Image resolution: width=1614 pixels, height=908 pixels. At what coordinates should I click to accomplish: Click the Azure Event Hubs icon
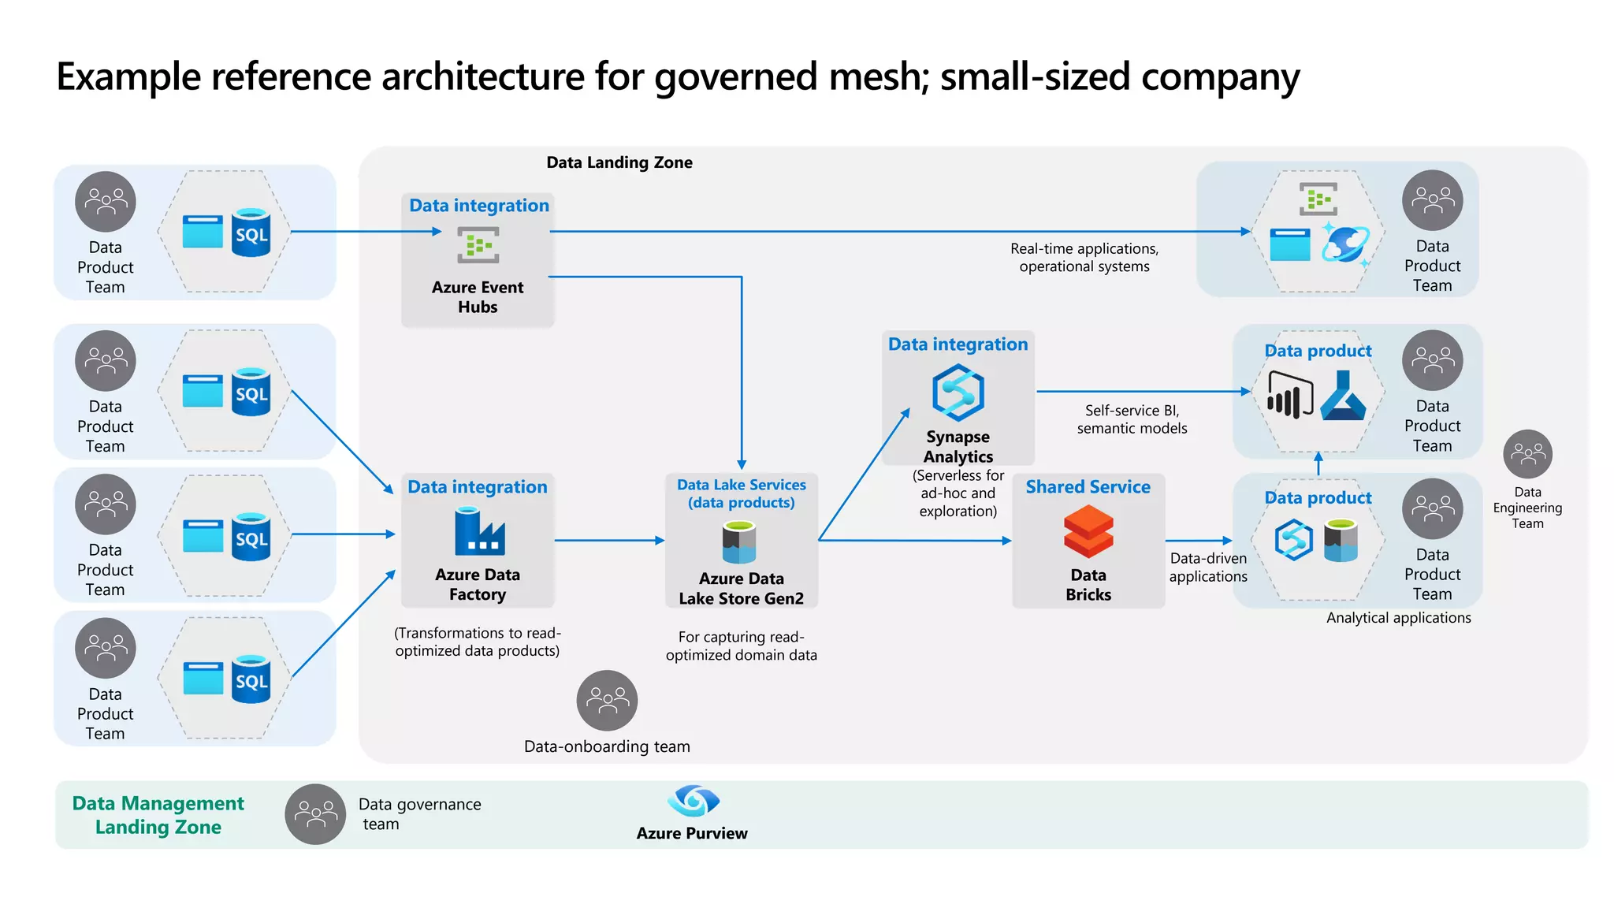coord(478,245)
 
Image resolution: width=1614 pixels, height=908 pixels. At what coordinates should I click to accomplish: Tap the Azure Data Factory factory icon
coord(478,532)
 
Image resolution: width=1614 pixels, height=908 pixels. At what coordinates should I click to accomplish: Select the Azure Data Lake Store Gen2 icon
coord(739,544)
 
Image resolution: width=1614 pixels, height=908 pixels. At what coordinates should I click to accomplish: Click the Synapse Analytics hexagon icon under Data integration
coord(958,392)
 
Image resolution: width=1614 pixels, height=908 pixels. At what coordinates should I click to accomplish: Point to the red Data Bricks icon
coord(1088,532)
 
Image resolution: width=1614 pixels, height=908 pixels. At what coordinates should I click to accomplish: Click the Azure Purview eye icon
coord(693,801)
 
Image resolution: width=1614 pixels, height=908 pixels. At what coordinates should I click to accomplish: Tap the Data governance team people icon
coord(315,813)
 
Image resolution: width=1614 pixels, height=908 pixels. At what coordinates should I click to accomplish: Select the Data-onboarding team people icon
coord(607,700)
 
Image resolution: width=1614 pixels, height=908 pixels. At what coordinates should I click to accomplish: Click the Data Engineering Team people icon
coord(1527,454)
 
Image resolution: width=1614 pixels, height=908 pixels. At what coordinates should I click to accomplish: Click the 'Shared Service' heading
coord(1088,487)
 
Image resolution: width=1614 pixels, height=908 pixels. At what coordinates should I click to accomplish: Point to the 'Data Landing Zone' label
coord(619,162)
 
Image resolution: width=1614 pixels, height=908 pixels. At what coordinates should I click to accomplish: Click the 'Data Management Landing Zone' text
coord(158,815)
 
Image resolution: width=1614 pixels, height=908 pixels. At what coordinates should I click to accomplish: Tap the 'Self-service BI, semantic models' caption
coord(1132,419)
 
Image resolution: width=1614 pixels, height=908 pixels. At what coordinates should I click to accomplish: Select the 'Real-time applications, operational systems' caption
coord(1084,258)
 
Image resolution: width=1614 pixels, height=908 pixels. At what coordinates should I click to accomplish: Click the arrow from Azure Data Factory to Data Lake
coord(609,541)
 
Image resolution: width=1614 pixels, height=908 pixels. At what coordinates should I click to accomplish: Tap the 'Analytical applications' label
coord(1398,618)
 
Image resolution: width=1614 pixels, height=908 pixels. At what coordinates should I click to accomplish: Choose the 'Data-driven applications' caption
coord(1208,567)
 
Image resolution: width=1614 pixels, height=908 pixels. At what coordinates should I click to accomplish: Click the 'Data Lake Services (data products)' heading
coord(742,493)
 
